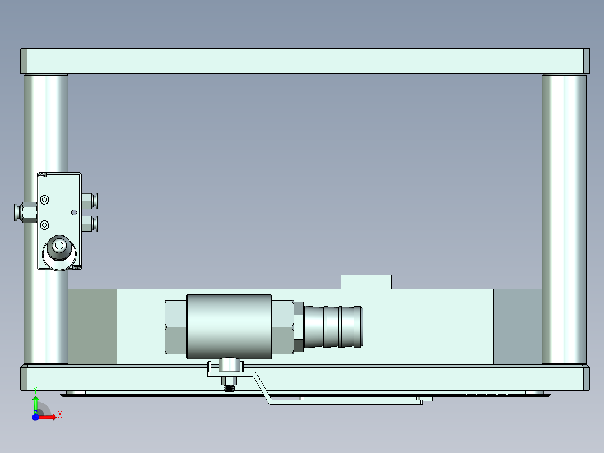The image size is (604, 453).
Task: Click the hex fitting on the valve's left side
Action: tap(25, 212)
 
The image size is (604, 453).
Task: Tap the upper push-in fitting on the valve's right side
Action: tap(89, 200)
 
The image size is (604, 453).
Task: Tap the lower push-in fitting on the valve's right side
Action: tap(89, 224)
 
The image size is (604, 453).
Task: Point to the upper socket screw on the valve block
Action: tap(45, 200)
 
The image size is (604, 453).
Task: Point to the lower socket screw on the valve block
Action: tap(45, 225)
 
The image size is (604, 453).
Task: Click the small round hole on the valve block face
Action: tap(74, 212)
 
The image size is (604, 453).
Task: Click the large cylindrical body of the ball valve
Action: tap(229, 326)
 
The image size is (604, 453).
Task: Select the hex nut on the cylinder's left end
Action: tap(175, 327)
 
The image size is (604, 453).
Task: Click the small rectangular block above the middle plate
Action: tap(366, 281)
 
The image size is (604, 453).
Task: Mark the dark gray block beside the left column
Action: tap(92, 326)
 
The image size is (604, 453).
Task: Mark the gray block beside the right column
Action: tap(517, 326)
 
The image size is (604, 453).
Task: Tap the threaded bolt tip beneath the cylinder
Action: tap(229, 384)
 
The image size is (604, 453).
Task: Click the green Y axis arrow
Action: tap(35, 403)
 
